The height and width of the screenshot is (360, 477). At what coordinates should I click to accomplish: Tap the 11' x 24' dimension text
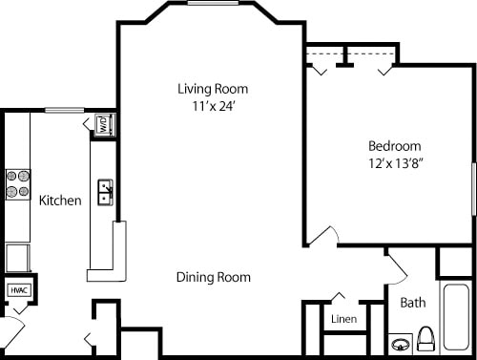(213, 107)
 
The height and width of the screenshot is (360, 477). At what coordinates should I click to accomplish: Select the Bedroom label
(395, 146)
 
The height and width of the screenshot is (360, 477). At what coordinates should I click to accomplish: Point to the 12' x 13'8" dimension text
(395, 163)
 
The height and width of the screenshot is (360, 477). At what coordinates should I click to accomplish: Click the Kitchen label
(59, 201)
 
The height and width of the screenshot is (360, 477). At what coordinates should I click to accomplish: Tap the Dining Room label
(213, 278)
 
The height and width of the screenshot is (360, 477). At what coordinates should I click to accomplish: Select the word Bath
(412, 303)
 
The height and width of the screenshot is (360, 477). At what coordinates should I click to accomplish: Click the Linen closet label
(343, 319)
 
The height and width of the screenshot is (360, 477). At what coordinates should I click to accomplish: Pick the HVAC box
(18, 290)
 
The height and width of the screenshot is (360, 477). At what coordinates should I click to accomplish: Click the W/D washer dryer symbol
(103, 125)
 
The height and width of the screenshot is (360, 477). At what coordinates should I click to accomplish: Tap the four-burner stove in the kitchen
(17, 183)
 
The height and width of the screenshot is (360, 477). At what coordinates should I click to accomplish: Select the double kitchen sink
(105, 193)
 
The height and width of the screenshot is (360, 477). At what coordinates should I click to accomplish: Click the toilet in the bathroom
(426, 338)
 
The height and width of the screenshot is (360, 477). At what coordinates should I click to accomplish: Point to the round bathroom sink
(401, 342)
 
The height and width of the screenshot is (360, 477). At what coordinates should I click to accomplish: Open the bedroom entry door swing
(325, 236)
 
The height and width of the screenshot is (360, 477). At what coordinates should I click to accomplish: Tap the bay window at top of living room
(213, 3)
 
